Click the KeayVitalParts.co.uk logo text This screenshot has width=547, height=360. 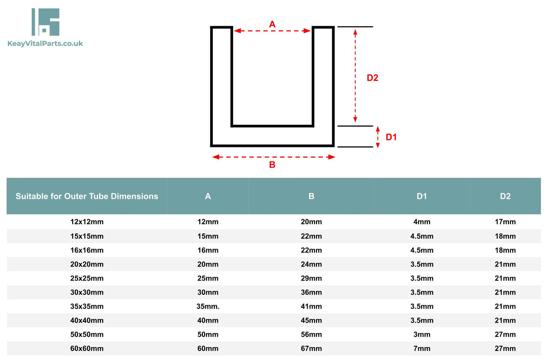pyautogui.click(x=45, y=44)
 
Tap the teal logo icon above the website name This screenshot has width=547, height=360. pyautogui.click(x=45, y=22)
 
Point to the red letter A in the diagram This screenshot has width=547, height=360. pyautogui.click(x=272, y=24)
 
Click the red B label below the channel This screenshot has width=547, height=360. pyautogui.click(x=272, y=165)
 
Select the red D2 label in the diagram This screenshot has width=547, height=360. pyautogui.click(x=372, y=78)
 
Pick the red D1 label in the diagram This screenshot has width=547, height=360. pyautogui.click(x=391, y=137)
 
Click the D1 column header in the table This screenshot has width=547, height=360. pyautogui.click(x=422, y=196)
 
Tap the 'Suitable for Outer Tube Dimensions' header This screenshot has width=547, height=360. pyautogui.click(x=87, y=196)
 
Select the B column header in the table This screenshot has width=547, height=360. pyautogui.click(x=311, y=196)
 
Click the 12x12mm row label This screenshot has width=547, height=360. pyautogui.click(x=87, y=222)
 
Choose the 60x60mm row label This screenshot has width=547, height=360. pyautogui.click(x=87, y=348)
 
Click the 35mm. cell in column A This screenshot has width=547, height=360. pyautogui.click(x=208, y=306)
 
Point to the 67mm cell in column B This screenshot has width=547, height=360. pyautogui.click(x=311, y=348)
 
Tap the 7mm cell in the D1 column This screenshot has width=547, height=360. pyautogui.click(x=422, y=348)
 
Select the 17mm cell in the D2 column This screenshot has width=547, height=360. pyautogui.click(x=505, y=222)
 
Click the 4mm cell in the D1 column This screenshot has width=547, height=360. pyautogui.click(x=422, y=222)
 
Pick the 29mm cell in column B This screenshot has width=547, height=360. pyautogui.click(x=311, y=278)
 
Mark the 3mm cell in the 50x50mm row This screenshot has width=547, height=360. pyautogui.click(x=422, y=334)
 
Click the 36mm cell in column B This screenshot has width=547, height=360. pyautogui.click(x=311, y=292)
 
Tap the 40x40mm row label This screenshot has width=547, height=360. pyautogui.click(x=87, y=320)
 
